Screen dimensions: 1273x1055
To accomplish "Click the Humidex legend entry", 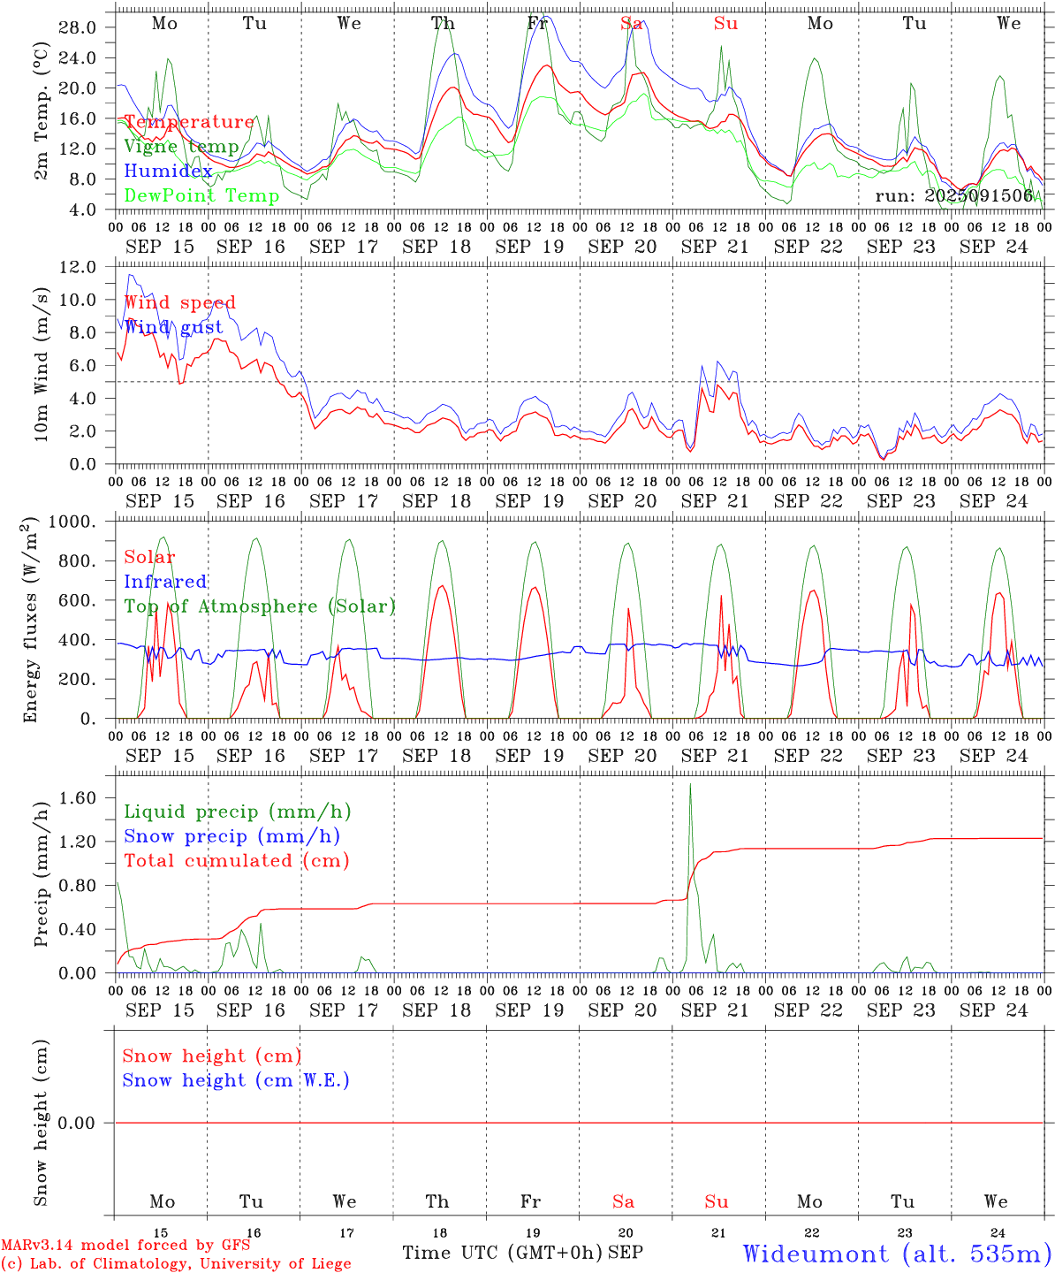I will (x=168, y=172).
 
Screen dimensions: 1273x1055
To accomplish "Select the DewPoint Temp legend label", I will (x=201, y=195).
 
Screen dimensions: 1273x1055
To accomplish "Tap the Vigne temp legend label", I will (x=181, y=147).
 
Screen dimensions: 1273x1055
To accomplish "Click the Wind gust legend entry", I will (x=173, y=327).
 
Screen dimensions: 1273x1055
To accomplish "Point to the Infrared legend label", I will (x=165, y=582).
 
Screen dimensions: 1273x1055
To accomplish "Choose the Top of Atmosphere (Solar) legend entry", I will (x=260, y=606).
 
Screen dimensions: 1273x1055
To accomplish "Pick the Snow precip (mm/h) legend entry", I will (x=231, y=836).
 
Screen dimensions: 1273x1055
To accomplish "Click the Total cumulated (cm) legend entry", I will (x=236, y=860).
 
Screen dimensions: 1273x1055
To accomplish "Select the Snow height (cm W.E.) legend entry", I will (x=236, y=1080).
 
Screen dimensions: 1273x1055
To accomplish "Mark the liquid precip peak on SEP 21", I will (x=690, y=785).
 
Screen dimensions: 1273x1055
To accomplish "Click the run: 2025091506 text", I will (x=953, y=195).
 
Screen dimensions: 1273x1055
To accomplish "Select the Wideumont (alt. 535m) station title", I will (x=896, y=1253).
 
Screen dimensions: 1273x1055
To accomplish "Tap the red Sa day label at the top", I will (x=630, y=24).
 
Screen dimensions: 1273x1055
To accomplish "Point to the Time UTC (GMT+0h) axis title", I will (x=502, y=1253).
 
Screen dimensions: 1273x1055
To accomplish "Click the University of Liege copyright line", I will (x=176, y=1264).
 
